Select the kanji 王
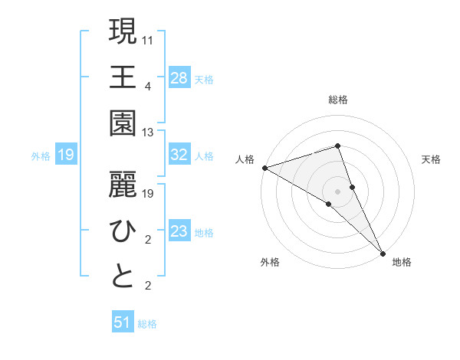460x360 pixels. [123, 77]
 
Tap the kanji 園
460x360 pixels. [123, 123]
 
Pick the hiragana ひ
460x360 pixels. [123, 230]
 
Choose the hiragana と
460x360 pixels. [123, 277]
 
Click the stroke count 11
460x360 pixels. [149, 38]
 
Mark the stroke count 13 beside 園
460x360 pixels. [149, 133]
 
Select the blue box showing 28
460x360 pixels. [179, 77]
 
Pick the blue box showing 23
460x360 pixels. [179, 231]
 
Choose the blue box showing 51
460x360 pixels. [123, 322]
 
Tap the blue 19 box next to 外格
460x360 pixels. [66, 155]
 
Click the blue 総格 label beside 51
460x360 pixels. [147, 323]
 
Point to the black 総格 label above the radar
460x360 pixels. [337, 100]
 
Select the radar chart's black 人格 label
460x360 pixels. [245, 159]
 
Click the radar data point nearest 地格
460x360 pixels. [382, 251]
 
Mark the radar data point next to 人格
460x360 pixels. [264, 167]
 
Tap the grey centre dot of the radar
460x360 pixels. [337, 191]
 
